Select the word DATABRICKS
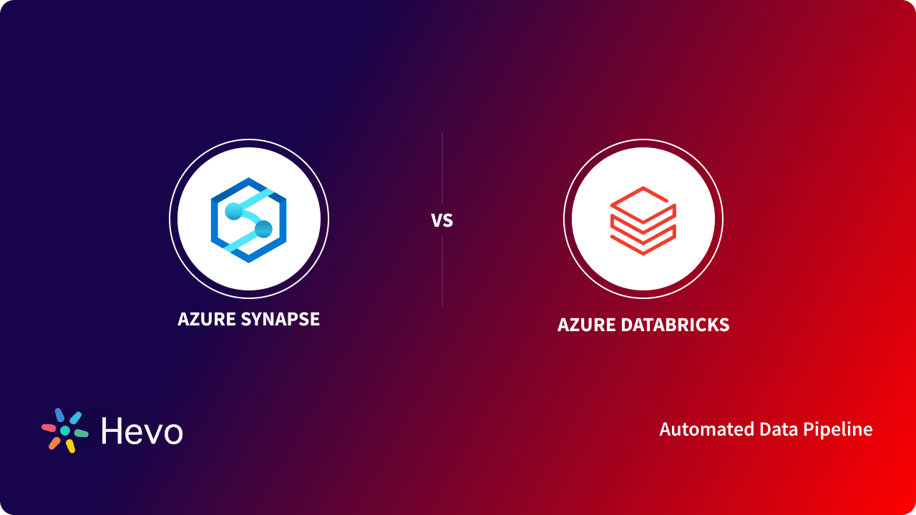point(673,325)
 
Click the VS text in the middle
point(442,220)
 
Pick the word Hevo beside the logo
point(142,431)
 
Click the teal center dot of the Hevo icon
point(65,431)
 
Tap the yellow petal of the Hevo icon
point(70,446)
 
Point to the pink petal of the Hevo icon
point(49,428)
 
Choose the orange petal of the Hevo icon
point(54,443)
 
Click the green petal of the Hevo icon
point(81,433)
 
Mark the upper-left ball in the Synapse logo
point(233,210)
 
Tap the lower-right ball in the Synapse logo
point(263,229)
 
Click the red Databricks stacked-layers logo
point(643,220)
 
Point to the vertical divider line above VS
point(442,168)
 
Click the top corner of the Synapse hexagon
point(248,180)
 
